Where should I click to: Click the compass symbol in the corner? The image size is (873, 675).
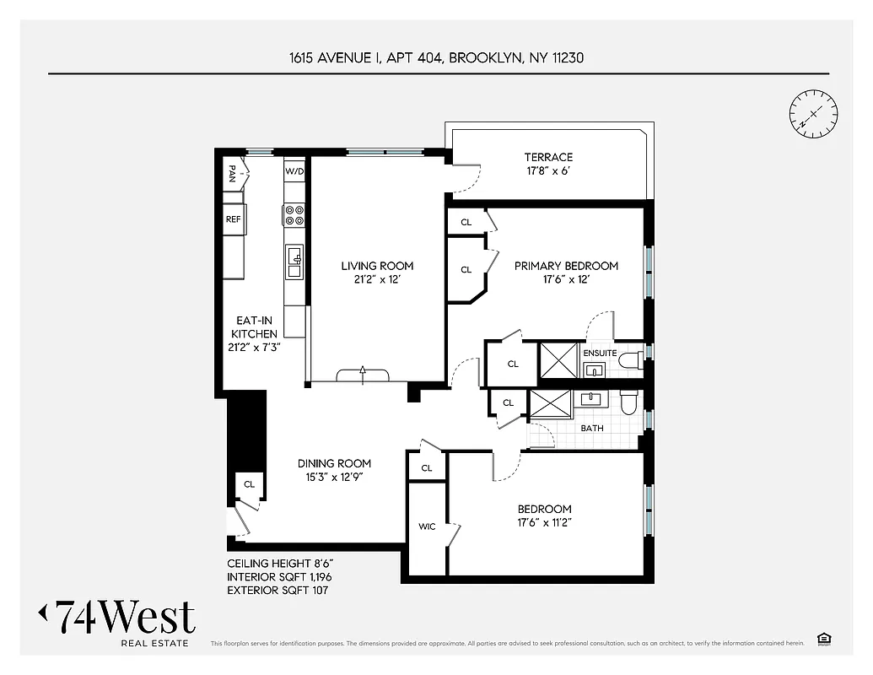pyautogui.click(x=813, y=113)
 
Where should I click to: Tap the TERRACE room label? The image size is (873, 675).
pyautogui.click(x=548, y=157)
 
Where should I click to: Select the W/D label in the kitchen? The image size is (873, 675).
pyautogui.click(x=294, y=171)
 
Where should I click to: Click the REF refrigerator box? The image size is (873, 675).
pyautogui.click(x=234, y=219)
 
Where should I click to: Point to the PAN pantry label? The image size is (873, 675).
pyautogui.click(x=232, y=174)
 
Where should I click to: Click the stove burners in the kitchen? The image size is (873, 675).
pyautogui.click(x=294, y=215)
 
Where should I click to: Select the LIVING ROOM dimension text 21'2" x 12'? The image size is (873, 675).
pyautogui.click(x=377, y=280)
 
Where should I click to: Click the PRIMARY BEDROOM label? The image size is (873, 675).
pyautogui.click(x=566, y=266)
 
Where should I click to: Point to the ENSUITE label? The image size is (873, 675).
pyautogui.click(x=600, y=353)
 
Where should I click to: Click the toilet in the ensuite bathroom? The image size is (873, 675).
pyautogui.click(x=629, y=362)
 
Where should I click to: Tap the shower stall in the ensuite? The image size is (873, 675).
pyautogui.click(x=558, y=360)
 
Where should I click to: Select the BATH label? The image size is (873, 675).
pyautogui.click(x=592, y=429)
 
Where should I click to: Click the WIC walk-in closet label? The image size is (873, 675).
pyautogui.click(x=427, y=527)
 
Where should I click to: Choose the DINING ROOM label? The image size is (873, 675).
pyautogui.click(x=334, y=463)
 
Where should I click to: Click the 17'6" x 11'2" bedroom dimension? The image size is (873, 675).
pyautogui.click(x=544, y=523)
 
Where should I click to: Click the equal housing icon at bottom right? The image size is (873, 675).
pyautogui.click(x=823, y=639)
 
